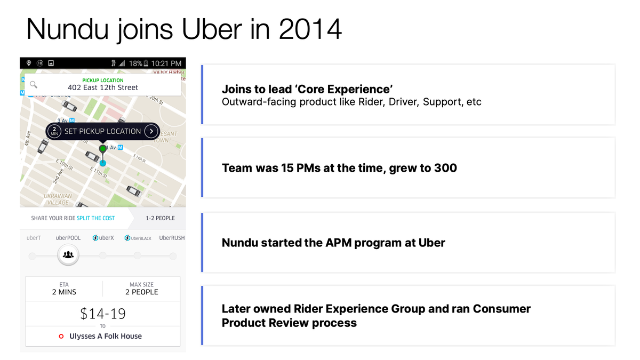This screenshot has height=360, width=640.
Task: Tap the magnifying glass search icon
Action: point(34,84)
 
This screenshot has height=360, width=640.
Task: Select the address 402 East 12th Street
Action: point(103,87)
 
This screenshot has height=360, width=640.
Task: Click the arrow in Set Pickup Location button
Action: point(151,131)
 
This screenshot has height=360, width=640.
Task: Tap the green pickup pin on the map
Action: point(103,148)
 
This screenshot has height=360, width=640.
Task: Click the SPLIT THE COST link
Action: point(95,218)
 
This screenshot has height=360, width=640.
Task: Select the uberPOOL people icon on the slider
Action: point(68,255)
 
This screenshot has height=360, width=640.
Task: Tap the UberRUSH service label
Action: point(172,238)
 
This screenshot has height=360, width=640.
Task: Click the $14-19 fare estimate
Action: point(103,314)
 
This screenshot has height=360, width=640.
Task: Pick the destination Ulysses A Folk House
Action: point(106,336)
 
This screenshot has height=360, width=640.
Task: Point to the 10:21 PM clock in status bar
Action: point(166,63)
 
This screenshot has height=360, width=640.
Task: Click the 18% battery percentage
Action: point(135,63)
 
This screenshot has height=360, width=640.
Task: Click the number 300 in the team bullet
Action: point(445,168)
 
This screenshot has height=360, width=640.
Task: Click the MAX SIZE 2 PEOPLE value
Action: point(141,292)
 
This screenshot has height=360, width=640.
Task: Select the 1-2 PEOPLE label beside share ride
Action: point(161,218)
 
